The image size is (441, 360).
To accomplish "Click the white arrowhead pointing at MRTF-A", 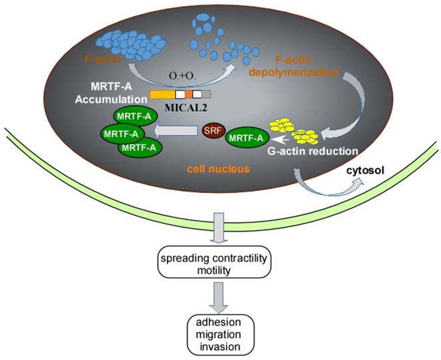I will tap(279, 140).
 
